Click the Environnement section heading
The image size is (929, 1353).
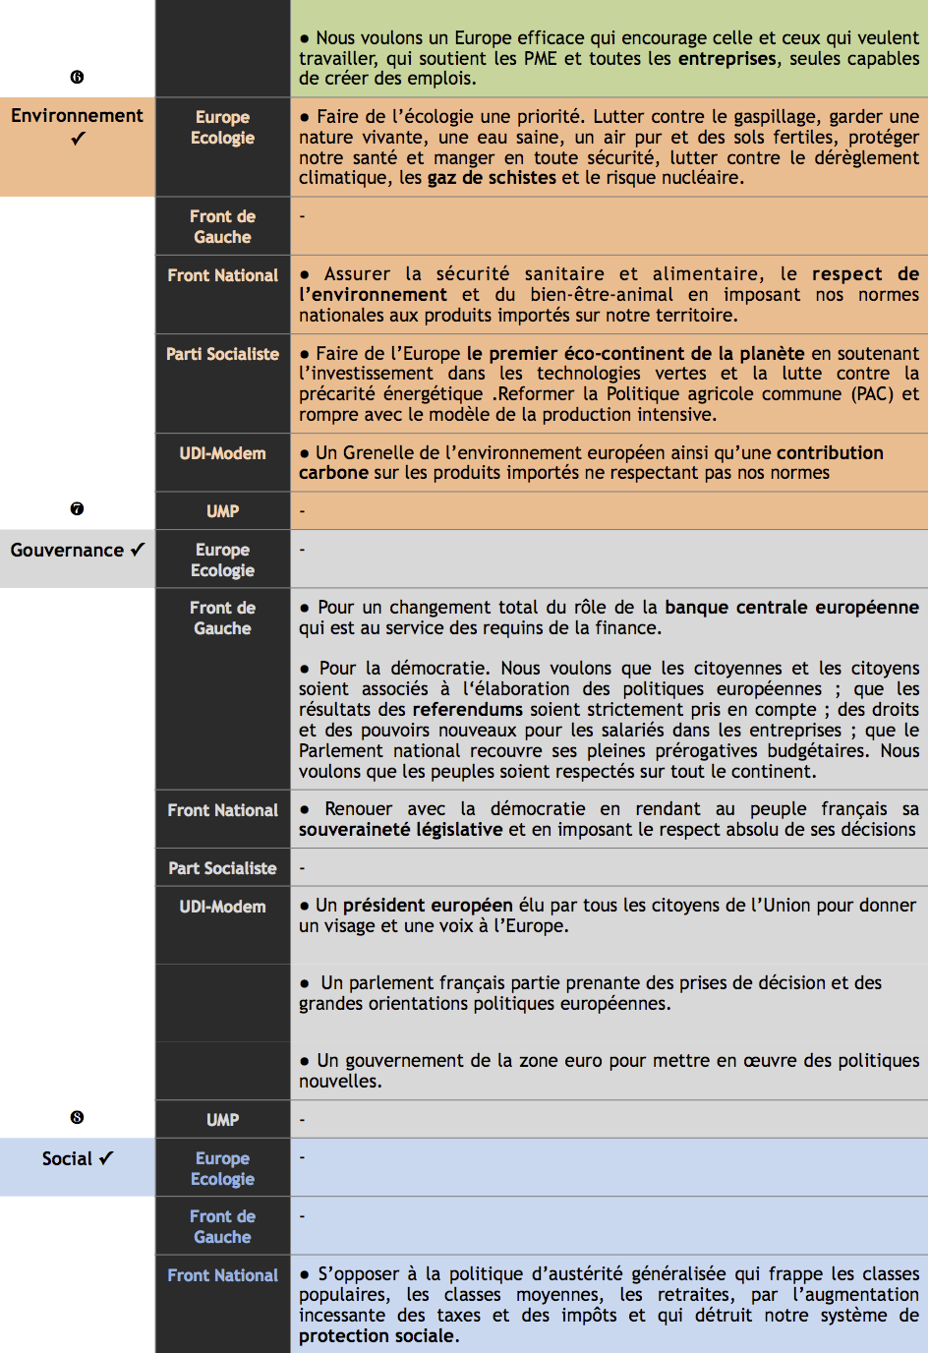[x=77, y=116]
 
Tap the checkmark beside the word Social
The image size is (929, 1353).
[x=106, y=1158]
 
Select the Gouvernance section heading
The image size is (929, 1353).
[x=67, y=551]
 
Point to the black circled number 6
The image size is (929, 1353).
[x=77, y=77]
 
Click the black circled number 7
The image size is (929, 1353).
[x=77, y=508]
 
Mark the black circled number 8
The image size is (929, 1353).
[x=77, y=1117]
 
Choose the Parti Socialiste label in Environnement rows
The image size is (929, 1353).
[x=222, y=354]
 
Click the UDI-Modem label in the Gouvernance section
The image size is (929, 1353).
[x=222, y=907]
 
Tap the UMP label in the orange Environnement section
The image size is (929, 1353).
[x=222, y=511]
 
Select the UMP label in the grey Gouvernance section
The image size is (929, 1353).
[x=222, y=1120]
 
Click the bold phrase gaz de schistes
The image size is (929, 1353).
[x=492, y=178]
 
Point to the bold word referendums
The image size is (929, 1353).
[x=467, y=710]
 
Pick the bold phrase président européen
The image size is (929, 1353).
[x=428, y=906]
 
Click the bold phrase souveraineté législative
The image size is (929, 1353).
[x=400, y=830]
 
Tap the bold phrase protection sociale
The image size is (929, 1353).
[x=377, y=1336]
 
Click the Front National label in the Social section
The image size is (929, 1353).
[x=222, y=1275]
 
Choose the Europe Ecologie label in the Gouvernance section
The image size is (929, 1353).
[x=222, y=560]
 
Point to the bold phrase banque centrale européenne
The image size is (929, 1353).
[x=791, y=608]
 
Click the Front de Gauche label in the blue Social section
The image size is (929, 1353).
[x=222, y=1227]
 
